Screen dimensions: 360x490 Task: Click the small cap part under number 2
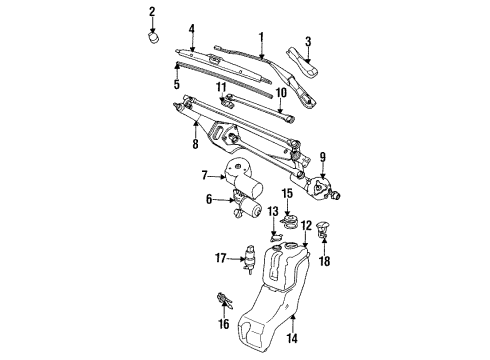click(153, 38)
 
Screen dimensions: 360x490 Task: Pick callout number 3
click(178, 85)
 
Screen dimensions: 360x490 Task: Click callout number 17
click(221, 259)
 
